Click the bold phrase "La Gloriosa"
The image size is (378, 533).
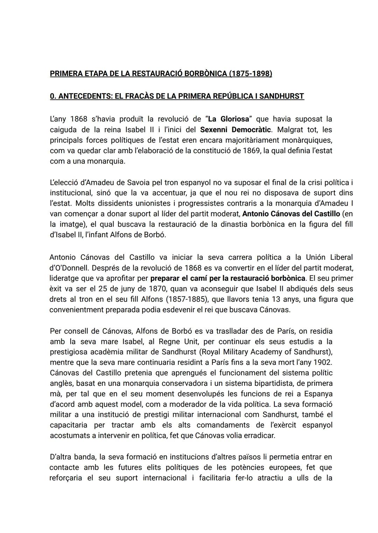(x=229, y=119)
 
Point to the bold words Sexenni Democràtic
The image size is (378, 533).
(x=236, y=130)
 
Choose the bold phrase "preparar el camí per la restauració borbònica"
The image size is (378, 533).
(x=227, y=279)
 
